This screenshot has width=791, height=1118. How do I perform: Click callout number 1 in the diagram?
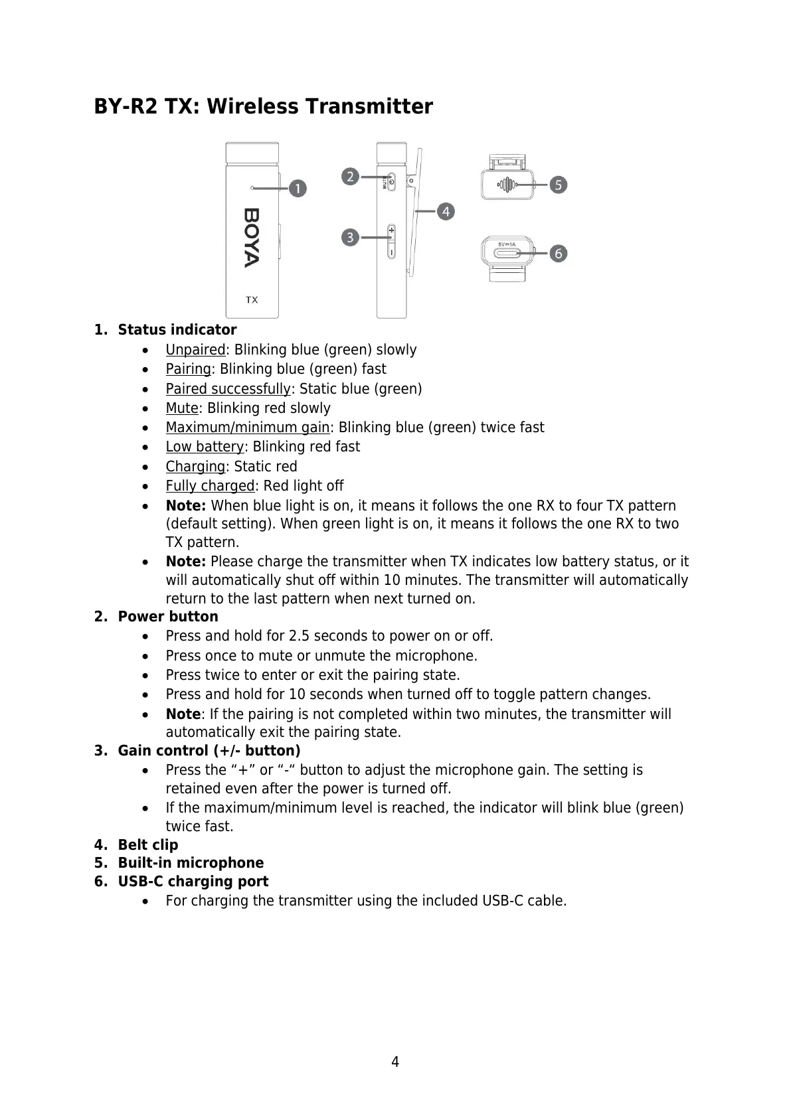tap(298, 189)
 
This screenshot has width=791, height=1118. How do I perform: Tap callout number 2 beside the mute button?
tap(351, 177)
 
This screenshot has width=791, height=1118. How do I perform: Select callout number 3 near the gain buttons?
tap(351, 237)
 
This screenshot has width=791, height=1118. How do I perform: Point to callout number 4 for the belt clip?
tap(445, 212)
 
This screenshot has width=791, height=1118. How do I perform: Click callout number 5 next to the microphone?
tap(558, 185)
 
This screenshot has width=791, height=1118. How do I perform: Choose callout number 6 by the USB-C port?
tap(558, 253)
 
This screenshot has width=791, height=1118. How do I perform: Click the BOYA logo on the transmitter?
tap(252, 238)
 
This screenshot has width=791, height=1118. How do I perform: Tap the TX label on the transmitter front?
tap(252, 300)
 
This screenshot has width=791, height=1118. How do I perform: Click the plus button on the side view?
tap(391, 231)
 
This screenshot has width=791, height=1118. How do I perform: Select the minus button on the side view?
tap(391, 252)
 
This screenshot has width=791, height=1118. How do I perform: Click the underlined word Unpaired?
tap(195, 350)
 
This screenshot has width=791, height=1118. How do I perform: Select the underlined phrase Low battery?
tap(205, 447)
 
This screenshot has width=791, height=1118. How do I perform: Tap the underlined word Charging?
tap(195, 467)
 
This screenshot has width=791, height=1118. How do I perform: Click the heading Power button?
tap(168, 617)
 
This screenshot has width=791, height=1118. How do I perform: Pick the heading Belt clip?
tap(148, 845)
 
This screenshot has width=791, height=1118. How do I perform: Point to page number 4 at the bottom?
tap(395, 1062)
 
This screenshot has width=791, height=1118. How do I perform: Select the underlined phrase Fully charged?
tap(210, 486)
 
